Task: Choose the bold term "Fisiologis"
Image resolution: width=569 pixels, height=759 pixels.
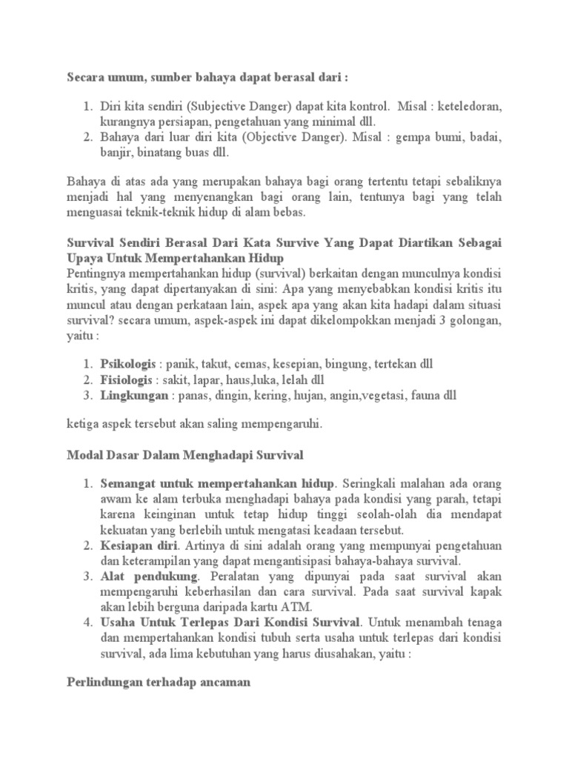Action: pyautogui.click(x=127, y=380)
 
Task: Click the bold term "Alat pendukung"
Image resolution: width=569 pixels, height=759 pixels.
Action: pyautogui.click(x=149, y=577)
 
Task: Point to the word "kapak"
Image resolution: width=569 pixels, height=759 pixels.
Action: pyautogui.click(x=485, y=592)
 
